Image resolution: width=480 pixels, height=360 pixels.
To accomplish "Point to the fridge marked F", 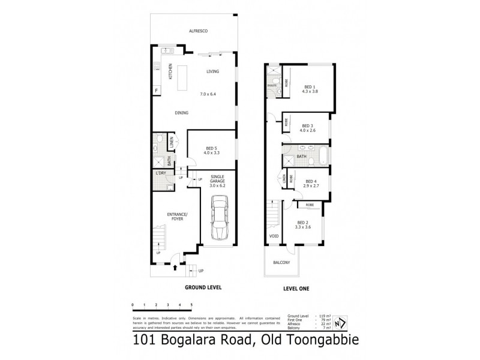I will [157, 91].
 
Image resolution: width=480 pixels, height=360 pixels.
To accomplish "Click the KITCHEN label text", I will [170, 71].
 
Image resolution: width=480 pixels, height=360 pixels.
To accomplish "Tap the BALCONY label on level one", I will [281, 262].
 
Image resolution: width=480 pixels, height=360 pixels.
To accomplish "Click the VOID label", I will [273, 236].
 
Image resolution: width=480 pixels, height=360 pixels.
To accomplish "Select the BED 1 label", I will [311, 87].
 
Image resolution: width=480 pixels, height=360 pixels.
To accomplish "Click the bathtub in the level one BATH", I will [323, 156].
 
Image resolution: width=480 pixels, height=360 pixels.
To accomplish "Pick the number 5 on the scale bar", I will [191, 305].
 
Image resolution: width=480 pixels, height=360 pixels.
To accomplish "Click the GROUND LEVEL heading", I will [203, 287].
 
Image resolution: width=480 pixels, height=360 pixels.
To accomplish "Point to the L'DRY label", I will [160, 173].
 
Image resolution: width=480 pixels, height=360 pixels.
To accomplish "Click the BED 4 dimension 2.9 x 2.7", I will [310, 187].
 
